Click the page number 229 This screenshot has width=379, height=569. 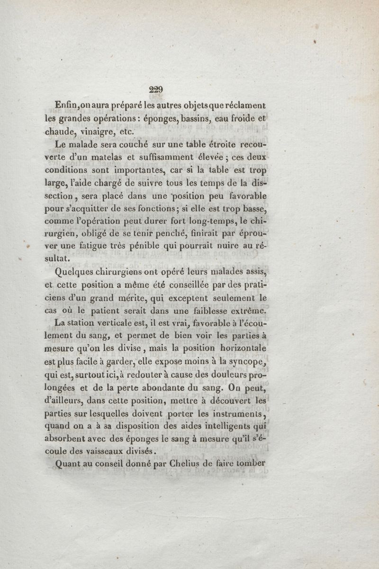[x=155, y=89]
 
